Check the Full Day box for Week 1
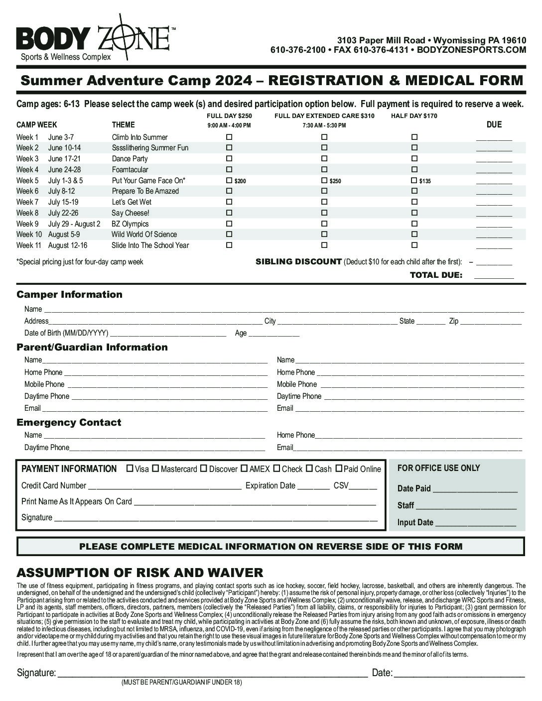[x=229, y=137]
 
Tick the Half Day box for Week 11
[x=414, y=245]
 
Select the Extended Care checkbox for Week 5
[x=324, y=180]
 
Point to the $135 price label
[x=425, y=181]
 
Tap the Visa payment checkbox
[x=130, y=468]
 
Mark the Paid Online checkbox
[x=339, y=468]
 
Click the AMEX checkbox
[x=244, y=468]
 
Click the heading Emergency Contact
[x=69, y=422]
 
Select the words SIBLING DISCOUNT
[x=298, y=262]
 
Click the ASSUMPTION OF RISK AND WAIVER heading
[x=140, y=573]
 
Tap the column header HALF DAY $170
[x=414, y=116]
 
